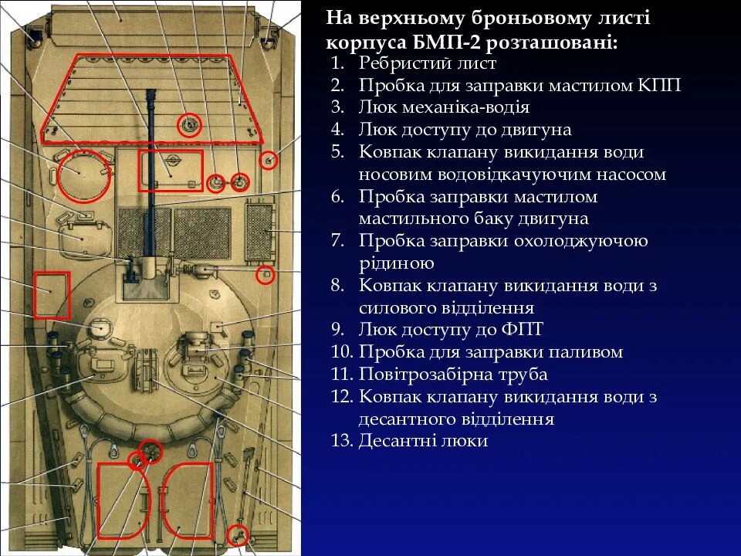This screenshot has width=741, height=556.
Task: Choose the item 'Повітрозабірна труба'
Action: coord(453,375)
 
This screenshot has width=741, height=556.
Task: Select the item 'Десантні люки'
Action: coord(423,441)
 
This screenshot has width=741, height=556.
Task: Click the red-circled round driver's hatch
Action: coord(81,175)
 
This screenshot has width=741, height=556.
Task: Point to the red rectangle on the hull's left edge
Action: coord(52,294)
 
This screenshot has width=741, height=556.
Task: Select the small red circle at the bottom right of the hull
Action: coord(239,533)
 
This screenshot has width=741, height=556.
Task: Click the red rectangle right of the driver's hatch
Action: coord(170,171)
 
